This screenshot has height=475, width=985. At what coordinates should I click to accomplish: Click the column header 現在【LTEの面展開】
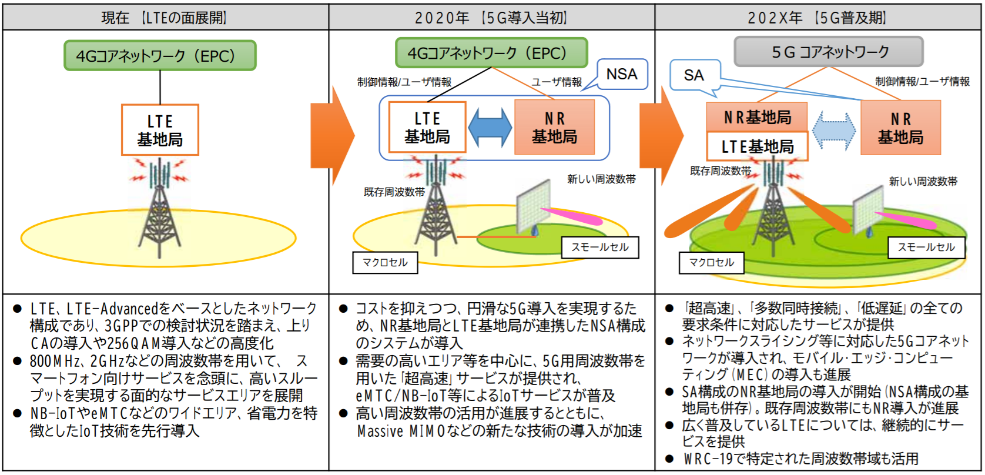point(164,18)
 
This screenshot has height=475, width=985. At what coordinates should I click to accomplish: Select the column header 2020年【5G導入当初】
point(491,18)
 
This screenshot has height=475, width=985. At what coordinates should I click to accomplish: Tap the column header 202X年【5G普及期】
point(818,18)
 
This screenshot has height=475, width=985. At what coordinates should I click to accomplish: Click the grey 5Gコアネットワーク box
point(829,52)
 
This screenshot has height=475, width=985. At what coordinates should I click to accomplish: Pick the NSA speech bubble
point(622,75)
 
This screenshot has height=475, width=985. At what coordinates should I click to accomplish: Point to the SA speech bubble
point(694,75)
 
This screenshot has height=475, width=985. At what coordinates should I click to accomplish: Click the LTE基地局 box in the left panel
point(160,130)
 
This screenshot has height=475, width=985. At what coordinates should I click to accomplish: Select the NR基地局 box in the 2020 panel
point(554,128)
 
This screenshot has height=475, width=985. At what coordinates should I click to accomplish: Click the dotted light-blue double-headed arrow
point(834,131)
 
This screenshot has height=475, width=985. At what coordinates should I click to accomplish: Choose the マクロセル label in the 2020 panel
point(385,262)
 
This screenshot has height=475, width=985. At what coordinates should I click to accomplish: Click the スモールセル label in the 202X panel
point(926,247)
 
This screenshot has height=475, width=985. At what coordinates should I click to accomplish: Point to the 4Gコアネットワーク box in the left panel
point(160,56)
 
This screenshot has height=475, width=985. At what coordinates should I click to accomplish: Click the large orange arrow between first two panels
point(331,135)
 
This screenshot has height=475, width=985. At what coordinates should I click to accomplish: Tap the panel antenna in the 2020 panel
point(533,206)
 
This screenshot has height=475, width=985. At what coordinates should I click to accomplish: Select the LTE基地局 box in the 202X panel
point(757,147)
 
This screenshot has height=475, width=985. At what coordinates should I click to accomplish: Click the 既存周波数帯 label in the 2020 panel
point(394,192)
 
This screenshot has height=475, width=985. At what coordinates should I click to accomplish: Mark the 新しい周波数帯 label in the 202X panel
point(923,182)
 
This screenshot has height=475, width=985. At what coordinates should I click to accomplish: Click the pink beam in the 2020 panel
point(573,216)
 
